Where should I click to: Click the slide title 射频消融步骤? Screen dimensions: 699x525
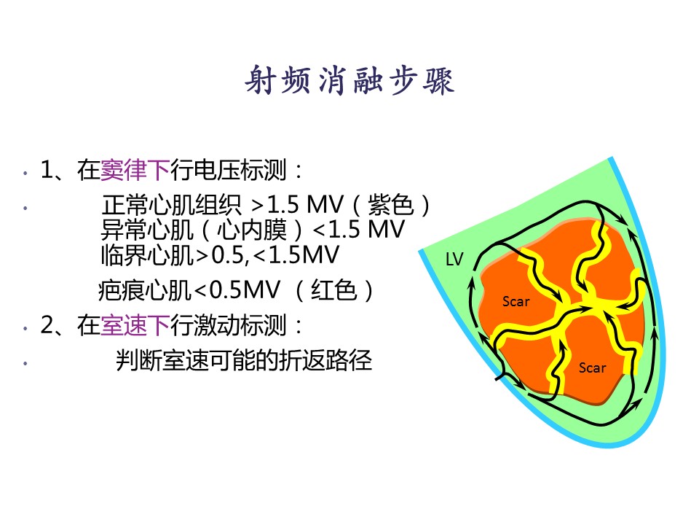(349, 80)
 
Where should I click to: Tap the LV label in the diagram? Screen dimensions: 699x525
(454, 260)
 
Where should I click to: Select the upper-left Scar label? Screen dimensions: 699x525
(516, 302)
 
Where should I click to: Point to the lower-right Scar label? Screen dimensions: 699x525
(592, 367)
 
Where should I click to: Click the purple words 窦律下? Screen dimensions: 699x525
(135, 170)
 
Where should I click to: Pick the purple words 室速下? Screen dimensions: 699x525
(135, 325)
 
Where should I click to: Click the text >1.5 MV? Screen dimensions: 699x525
(297, 206)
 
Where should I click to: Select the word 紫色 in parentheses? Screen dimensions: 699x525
(390, 206)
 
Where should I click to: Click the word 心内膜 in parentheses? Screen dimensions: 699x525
(252, 230)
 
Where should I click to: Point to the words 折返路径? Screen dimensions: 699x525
(325, 360)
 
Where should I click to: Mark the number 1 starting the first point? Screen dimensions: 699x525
(47, 170)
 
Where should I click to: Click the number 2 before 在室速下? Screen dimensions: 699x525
(47, 325)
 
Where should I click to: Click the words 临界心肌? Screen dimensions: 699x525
(148, 255)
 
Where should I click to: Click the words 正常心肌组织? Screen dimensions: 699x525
(172, 206)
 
